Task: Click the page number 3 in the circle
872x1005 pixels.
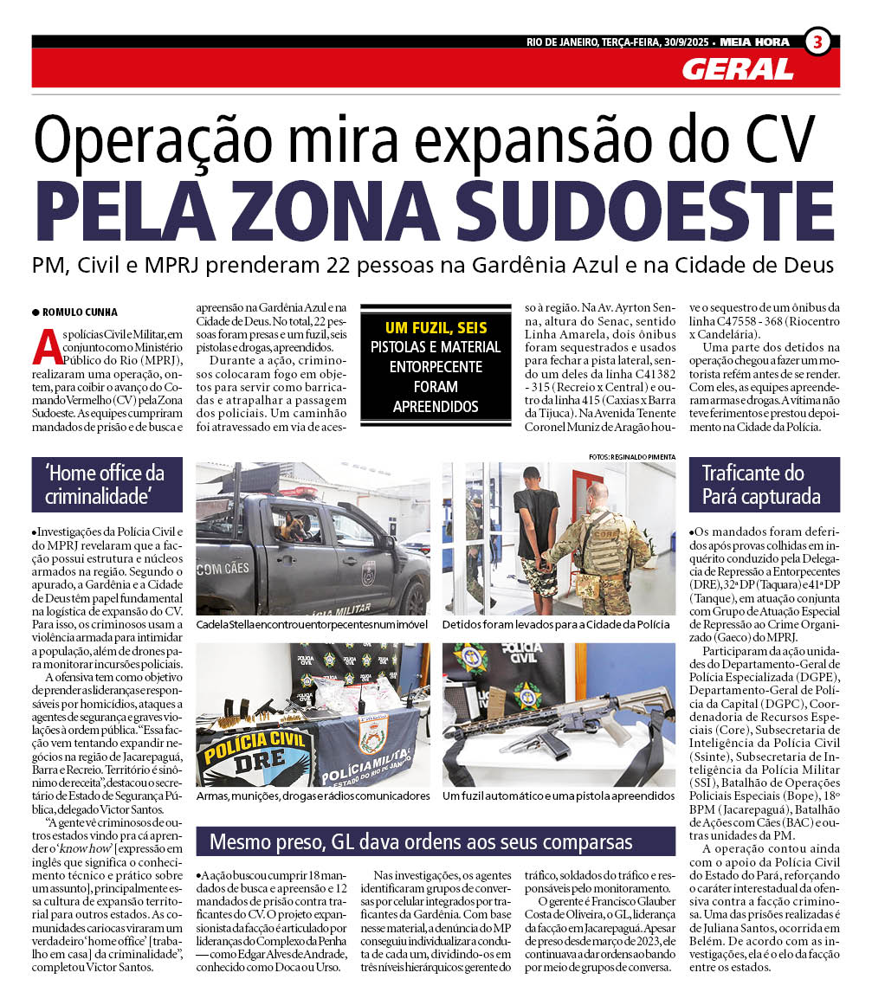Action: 817,42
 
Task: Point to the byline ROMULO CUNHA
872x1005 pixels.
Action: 75,312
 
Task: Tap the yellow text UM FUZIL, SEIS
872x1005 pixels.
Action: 436,328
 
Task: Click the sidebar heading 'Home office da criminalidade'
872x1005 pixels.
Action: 105,485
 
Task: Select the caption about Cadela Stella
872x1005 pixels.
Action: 313,624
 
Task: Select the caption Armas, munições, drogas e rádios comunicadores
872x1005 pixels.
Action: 313,795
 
